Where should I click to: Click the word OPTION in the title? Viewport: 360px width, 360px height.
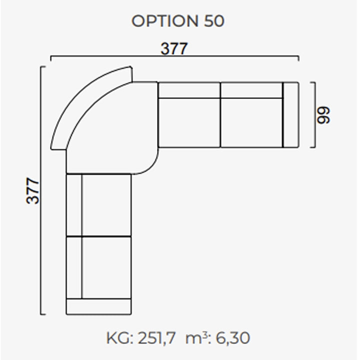coord(165,21)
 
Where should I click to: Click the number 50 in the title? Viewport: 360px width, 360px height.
coord(214,21)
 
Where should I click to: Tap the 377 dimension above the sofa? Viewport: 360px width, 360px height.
coord(174,48)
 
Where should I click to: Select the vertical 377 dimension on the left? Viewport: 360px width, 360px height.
coord(32,190)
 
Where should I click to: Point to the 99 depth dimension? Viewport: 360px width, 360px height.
coord(323,115)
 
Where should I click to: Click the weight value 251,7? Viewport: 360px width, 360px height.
coord(156,338)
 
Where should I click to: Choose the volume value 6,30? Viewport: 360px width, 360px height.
coord(233,338)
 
